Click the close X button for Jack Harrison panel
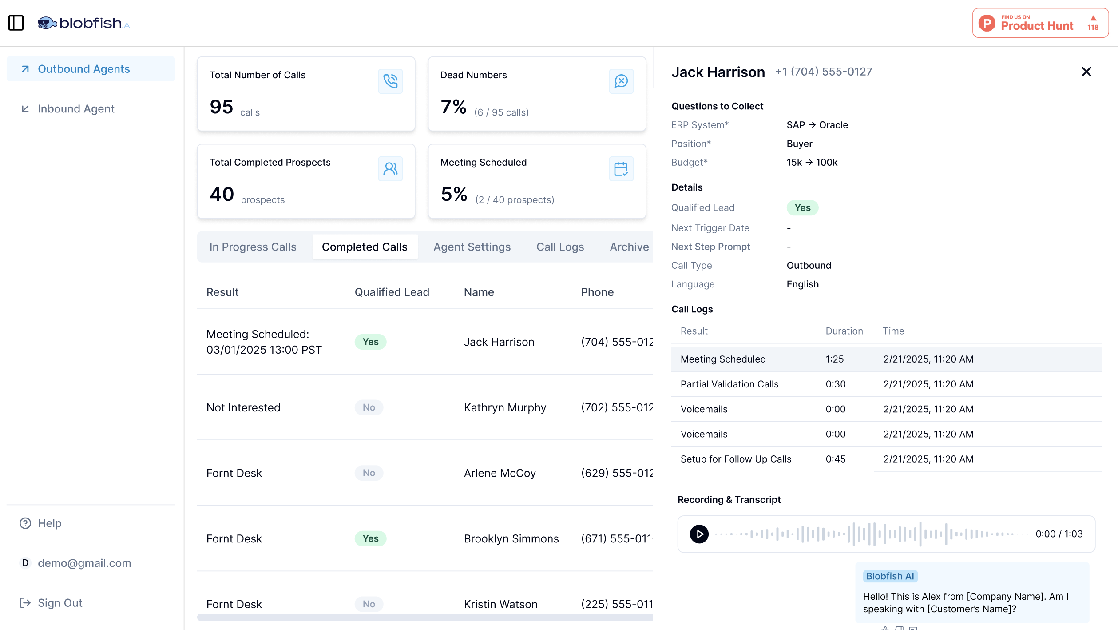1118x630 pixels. (x=1086, y=72)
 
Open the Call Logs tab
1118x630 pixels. (x=560, y=247)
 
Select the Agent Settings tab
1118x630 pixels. (x=472, y=247)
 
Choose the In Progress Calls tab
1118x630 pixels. (x=253, y=247)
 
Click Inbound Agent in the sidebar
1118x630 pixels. (x=76, y=109)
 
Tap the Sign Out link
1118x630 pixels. (x=60, y=603)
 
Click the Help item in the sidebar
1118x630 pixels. (x=49, y=523)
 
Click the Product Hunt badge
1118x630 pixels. (x=1040, y=23)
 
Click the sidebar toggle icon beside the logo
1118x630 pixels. (x=16, y=23)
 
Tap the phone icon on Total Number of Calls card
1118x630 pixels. (x=390, y=81)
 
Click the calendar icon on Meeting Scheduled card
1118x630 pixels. (x=621, y=169)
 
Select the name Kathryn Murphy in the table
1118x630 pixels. (x=505, y=407)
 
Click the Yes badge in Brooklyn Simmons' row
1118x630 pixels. (x=370, y=538)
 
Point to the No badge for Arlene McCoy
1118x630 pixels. (x=369, y=473)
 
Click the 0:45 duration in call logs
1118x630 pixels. (x=835, y=459)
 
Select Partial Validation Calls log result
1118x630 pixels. (x=729, y=384)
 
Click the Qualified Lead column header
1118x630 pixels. (x=392, y=292)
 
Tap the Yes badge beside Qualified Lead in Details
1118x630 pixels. (x=802, y=208)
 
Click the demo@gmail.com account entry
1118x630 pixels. (x=84, y=563)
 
